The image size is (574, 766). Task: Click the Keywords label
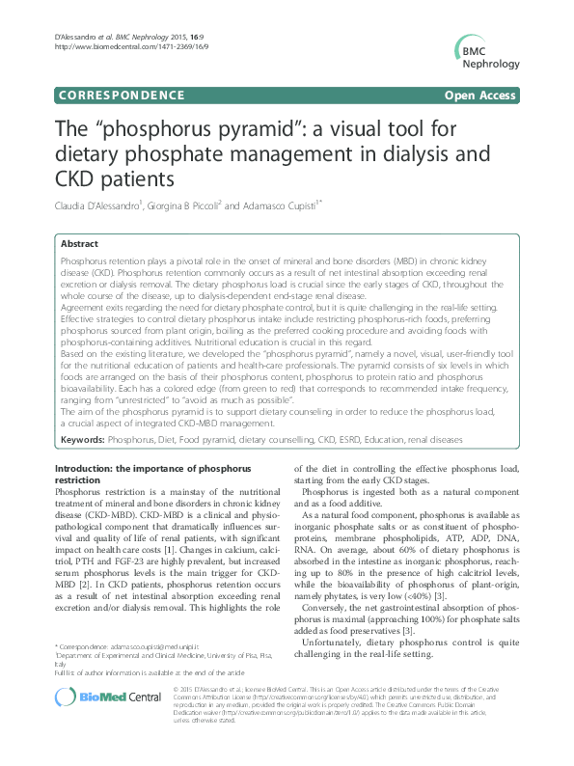82,439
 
